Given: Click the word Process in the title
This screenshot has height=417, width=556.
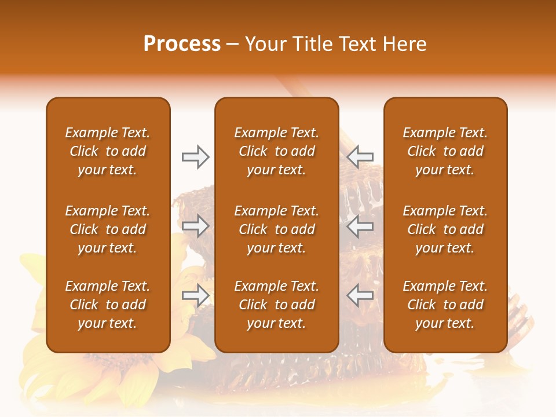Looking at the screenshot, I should (182, 44).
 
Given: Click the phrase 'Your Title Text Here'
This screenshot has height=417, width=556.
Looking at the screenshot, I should (335, 44).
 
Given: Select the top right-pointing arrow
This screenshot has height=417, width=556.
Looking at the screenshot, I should (195, 157).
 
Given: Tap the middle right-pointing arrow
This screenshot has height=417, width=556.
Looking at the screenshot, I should (195, 226).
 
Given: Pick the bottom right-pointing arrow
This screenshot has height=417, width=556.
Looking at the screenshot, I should (195, 295).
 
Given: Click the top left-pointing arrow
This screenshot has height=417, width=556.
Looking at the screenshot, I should (360, 157).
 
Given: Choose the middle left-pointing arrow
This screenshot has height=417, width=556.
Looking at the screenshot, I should (360, 226).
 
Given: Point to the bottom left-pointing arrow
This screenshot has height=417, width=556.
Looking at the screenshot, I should (360, 295).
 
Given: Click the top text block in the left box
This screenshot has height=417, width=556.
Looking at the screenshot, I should (108, 151).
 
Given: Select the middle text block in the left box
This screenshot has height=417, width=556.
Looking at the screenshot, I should (108, 229).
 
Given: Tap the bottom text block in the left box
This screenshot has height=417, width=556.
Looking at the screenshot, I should (108, 305).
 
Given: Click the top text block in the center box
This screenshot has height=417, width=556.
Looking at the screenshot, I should (276, 151).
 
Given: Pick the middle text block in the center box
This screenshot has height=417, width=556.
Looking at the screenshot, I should (276, 229).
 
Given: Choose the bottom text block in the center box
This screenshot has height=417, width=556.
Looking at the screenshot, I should (276, 305).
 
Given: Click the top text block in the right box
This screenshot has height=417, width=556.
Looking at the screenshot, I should (445, 151).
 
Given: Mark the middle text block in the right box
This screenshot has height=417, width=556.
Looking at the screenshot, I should (445, 229).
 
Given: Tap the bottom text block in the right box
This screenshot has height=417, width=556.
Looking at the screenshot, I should (445, 305).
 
